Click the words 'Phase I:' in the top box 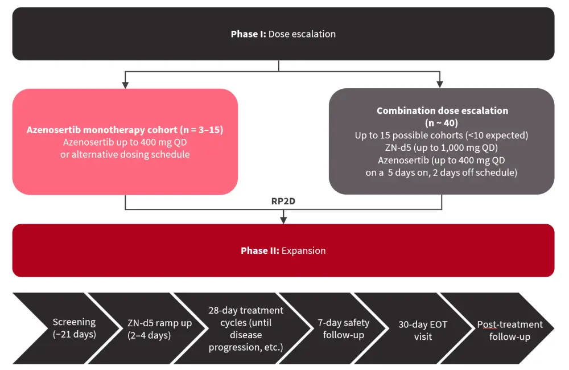coord(248,34)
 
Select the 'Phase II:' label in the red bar coord(259,250)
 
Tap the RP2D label coord(283,201)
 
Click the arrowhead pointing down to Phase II coord(283,220)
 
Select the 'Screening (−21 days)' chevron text coord(74,328)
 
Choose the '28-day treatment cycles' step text coord(246,328)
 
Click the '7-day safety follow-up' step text coord(343,328)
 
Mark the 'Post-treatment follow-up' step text coord(509,330)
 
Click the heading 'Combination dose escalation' coord(442,111)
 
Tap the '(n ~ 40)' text coord(442,123)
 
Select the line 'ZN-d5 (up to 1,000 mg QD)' coord(442,148)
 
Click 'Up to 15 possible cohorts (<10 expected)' coord(442,135)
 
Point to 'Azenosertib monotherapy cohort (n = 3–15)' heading coord(125,130)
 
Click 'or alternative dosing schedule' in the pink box coord(125,154)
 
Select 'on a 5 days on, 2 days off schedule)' coord(442,172)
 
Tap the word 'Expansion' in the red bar coord(304,250)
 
